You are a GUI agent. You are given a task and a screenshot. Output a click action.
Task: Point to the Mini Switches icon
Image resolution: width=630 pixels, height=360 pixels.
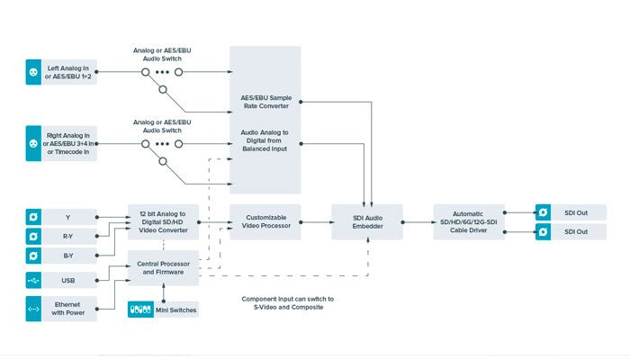click(142, 309)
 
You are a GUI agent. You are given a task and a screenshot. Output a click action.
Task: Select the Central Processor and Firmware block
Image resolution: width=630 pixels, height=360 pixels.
click(163, 266)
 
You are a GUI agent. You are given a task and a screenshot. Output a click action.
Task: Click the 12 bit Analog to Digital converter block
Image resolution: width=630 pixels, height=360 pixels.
click(163, 221)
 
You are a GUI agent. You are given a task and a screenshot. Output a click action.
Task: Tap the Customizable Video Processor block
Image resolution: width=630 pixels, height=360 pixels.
click(265, 221)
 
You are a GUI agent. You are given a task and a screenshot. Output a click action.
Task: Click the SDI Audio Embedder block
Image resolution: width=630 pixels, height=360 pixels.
click(366, 221)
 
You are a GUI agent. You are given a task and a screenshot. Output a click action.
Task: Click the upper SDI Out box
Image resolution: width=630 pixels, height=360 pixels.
click(570, 212)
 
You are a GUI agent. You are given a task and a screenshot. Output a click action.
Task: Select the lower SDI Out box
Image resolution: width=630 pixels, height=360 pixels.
click(570, 232)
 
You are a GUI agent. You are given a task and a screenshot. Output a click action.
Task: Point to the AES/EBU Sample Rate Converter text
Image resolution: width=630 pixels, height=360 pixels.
click(265, 101)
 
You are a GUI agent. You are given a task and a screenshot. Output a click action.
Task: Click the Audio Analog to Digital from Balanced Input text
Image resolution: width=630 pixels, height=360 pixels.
click(265, 140)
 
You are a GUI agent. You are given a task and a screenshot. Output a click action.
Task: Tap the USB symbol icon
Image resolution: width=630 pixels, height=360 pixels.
click(33, 281)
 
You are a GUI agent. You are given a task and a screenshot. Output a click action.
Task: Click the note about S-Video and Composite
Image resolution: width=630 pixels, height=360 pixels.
click(288, 303)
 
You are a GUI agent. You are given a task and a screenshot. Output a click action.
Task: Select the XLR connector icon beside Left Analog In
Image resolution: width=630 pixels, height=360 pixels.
click(33, 73)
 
